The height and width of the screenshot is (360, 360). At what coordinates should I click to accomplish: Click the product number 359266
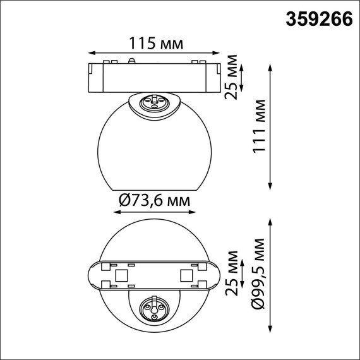coord(320,20)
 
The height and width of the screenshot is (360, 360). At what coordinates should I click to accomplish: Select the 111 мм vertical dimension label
coord(257,126)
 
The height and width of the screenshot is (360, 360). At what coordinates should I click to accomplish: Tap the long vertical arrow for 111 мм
coord(271,126)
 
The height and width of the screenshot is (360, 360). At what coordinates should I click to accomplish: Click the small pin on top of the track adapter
coord(131,61)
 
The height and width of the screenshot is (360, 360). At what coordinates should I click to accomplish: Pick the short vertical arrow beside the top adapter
coord(244,78)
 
